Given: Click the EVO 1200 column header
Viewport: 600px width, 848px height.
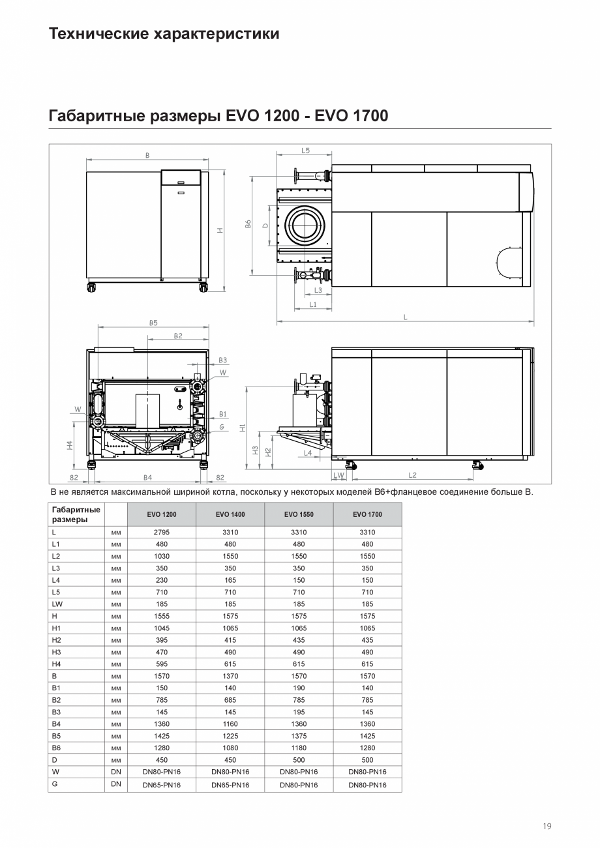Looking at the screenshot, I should [162, 514].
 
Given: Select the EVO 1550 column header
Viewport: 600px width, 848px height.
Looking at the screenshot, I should [299, 514].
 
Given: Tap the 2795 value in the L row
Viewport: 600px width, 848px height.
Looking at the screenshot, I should [162, 533].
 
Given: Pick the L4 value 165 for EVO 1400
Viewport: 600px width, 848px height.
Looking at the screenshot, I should [230, 580].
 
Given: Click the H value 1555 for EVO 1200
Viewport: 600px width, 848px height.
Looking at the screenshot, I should [162, 616].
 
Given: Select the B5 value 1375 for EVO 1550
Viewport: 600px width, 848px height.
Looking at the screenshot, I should [299, 736].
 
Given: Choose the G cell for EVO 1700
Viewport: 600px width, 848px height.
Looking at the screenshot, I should [368, 785].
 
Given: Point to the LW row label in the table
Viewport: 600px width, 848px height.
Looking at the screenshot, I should [57, 604].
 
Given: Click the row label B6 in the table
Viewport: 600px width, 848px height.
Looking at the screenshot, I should [56, 748].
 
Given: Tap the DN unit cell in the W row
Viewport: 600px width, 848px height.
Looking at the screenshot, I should [116, 772].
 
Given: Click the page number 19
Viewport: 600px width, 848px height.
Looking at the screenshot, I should [547, 826].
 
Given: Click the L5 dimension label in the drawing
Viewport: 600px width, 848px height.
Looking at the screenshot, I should [306, 151].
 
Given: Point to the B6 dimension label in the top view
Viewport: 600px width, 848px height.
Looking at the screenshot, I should [248, 224].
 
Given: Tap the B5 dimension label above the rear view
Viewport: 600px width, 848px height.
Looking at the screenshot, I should [153, 323].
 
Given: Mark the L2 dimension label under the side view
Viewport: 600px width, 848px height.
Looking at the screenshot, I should [412, 475].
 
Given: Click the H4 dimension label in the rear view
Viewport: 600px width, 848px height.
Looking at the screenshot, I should [70, 445].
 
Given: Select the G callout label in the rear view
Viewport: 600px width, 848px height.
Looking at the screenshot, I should [222, 426].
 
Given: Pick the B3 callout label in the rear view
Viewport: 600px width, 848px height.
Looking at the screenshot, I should [222, 360].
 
